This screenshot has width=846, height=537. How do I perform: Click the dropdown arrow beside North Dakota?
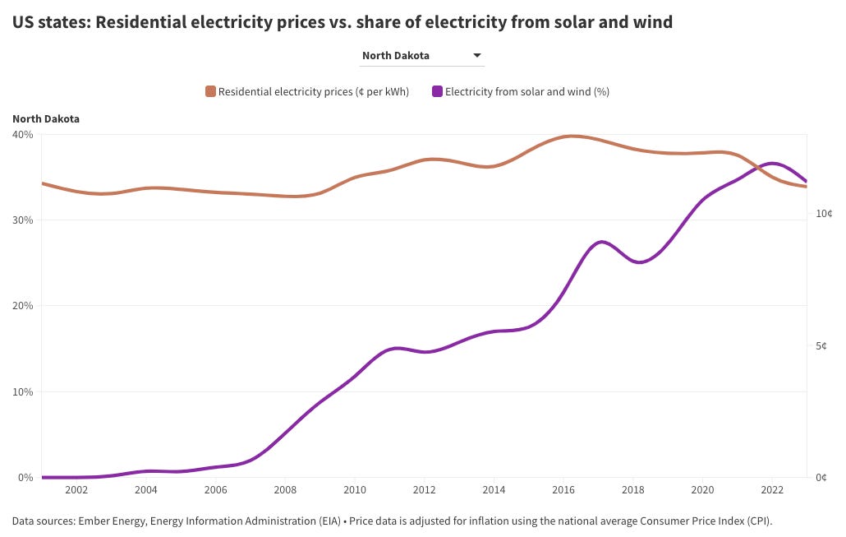[x=476, y=56]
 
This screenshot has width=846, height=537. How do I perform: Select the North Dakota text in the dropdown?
[x=396, y=56]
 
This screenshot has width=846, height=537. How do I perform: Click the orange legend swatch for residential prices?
[x=211, y=91]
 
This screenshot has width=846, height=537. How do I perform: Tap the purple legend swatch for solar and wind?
[x=438, y=91]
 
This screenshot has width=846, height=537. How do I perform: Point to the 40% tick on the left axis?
[x=23, y=134]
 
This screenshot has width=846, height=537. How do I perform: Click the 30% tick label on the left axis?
[x=23, y=220]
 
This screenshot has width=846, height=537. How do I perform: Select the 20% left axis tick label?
[x=23, y=306]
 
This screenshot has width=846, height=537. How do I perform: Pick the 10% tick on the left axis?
[x=23, y=391]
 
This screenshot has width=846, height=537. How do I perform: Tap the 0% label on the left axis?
[x=25, y=477]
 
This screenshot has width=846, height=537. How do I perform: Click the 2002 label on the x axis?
[x=76, y=490]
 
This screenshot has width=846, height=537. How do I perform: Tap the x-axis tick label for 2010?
[x=354, y=490]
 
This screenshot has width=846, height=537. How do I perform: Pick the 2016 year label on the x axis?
[x=563, y=490]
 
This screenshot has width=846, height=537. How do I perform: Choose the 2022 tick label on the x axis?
[x=771, y=490]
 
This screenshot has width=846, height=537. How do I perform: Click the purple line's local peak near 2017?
[x=602, y=242]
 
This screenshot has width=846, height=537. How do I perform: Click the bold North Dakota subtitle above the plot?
[x=46, y=118]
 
